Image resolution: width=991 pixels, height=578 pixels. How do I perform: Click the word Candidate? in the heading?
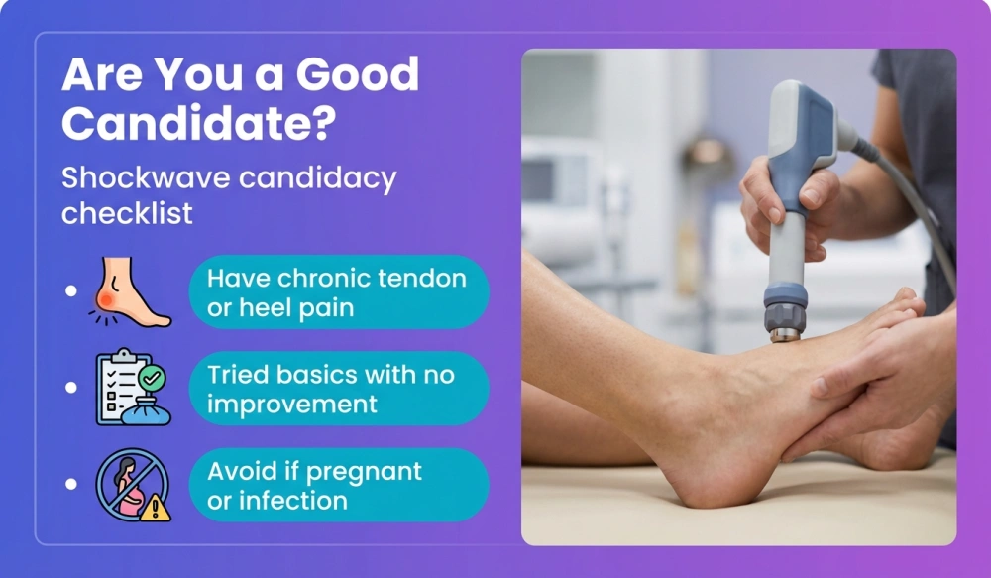[198, 124]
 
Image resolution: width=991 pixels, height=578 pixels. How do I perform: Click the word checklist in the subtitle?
[127, 213]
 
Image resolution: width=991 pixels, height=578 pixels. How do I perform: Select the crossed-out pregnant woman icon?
[129, 484]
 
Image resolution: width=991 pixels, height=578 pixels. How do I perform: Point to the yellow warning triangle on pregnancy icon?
[156, 508]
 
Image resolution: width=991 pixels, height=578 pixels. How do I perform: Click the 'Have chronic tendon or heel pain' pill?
[338, 292]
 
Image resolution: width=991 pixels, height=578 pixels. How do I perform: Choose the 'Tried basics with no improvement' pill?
[338, 389]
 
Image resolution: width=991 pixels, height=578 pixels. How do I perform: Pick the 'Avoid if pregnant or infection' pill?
[338, 485]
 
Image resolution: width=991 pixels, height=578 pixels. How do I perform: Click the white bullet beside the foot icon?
[70, 291]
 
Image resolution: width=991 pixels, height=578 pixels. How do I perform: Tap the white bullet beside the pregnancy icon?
[70, 485]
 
